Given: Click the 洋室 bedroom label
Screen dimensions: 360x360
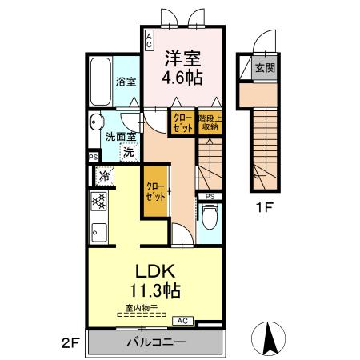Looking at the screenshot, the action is [182, 58].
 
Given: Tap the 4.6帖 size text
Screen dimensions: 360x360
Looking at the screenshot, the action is [182, 78].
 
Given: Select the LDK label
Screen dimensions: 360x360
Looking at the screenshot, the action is [155, 271].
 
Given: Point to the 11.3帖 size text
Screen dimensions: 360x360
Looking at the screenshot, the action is [155, 290].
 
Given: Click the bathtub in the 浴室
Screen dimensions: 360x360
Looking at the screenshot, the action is [101, 82].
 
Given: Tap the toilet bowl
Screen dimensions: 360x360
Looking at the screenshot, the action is [210, 216].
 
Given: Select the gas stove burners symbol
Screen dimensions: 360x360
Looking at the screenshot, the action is [98, 202].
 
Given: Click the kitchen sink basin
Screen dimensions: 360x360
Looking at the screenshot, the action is [99, 233].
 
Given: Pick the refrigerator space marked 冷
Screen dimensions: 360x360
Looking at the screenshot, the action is [105, 176].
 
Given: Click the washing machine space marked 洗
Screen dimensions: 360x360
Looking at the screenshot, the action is [129, 152].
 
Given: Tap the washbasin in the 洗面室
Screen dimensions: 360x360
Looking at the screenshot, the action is [96, 122].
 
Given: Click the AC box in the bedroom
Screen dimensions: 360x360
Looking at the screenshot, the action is [150, 40].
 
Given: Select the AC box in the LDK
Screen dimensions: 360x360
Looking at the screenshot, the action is [183, 321].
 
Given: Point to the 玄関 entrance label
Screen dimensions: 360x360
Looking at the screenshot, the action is [265, 68].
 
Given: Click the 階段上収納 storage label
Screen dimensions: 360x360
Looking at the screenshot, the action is [210, 122].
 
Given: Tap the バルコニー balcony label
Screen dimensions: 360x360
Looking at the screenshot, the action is [156, 342].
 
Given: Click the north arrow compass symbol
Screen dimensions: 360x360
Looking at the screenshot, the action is [269, 338].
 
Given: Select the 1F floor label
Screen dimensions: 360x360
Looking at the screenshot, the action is [264, 207].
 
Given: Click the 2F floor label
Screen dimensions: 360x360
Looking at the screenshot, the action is [70, 343].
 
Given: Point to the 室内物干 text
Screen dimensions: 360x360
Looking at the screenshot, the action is [142, 308].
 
